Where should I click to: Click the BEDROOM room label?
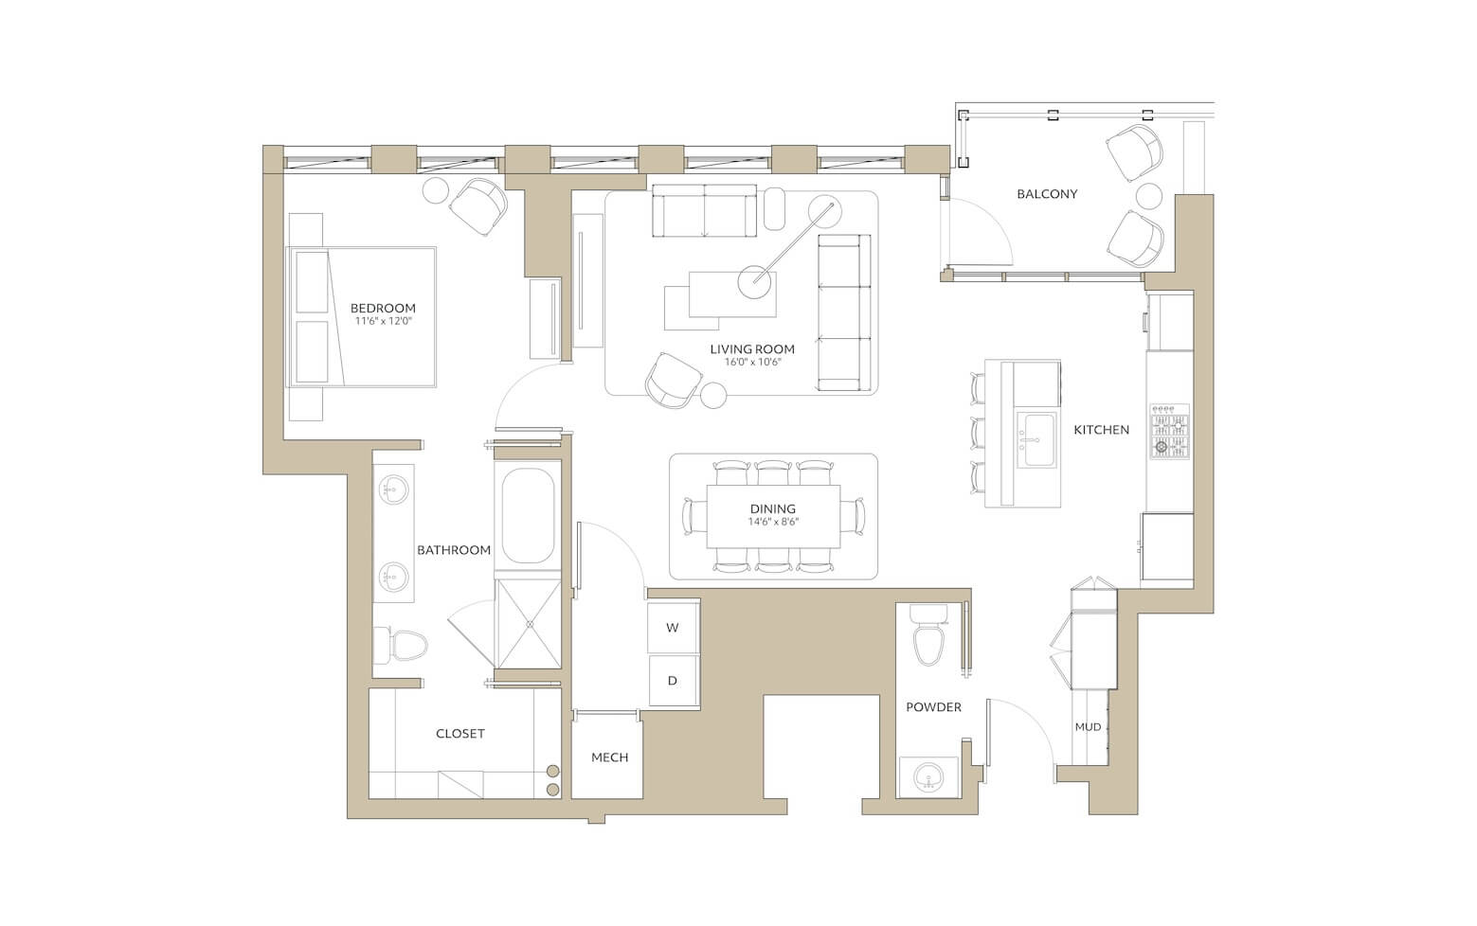pyautogui.click(x=383, y=308)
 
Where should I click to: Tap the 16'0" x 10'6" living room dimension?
pyautogui.click(x=751, y=362)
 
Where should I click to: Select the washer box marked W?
pyautogui.click(x=673, y=627)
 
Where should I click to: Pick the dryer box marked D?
pyautogui.click(x=673, y=681)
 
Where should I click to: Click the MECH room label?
pyautogui.click(x=610, y=757)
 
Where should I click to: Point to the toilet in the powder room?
pyautogui.click(x=928, y=636)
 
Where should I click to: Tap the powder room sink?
pyautogui.click(x=929, y=777)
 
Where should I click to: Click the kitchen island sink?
pyautogui.click(x=1036, y=439)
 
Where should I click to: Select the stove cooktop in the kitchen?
pyautogui.click(x=1170, y=432)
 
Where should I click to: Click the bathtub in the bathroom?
pyautogui.click(x=528, y=515)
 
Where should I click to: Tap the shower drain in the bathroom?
pyautogui.click(x=528, y=623)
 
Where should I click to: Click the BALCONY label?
pyautogui.click(x=1047, y=194)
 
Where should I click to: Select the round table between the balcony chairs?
pyautogui.click(x=1149, y=196)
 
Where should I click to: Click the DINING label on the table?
pyautogui.click(x=773, y=508)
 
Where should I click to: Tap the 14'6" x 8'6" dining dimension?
pyautogui.click(x=773, y=522)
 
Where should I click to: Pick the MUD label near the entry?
pyautogui.click(x=1088, y=727)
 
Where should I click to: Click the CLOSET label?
pyautogui.click(x=460, y=734)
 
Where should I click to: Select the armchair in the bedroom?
pyautogui.click(x=478, y=207)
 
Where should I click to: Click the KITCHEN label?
pyautogui.click(x=1101, y=430)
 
